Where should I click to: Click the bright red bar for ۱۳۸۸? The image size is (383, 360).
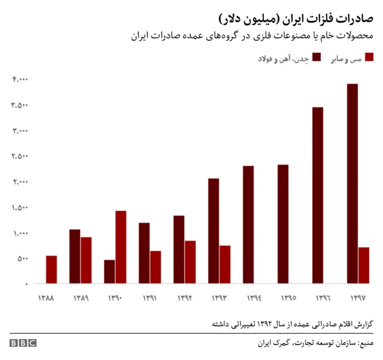point(51,270)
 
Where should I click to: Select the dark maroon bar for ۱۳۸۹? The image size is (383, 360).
point(75,256)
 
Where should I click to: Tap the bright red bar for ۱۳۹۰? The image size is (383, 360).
point(121,247)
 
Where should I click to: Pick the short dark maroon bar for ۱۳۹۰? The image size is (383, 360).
point(109,271)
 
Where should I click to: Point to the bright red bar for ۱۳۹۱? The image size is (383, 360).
point(156,267)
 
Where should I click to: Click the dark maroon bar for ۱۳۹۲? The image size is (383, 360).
point(179,249)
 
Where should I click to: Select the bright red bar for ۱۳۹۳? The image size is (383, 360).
point(225,264)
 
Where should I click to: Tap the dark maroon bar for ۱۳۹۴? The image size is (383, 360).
point(248,225)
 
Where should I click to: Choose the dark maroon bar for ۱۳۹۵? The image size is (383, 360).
point(283,224)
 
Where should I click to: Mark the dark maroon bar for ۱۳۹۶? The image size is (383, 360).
point(318,195)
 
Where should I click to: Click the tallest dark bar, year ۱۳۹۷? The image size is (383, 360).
point(352,183)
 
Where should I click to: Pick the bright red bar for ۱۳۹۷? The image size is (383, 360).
point(364,265)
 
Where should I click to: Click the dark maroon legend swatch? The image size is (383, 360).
point(316,57)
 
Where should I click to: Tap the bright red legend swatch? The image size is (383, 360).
point(369,57)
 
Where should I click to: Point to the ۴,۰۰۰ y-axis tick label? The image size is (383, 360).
point(19,80)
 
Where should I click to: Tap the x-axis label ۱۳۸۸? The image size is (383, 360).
point(46,298)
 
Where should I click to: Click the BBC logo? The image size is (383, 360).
point(23,343)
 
